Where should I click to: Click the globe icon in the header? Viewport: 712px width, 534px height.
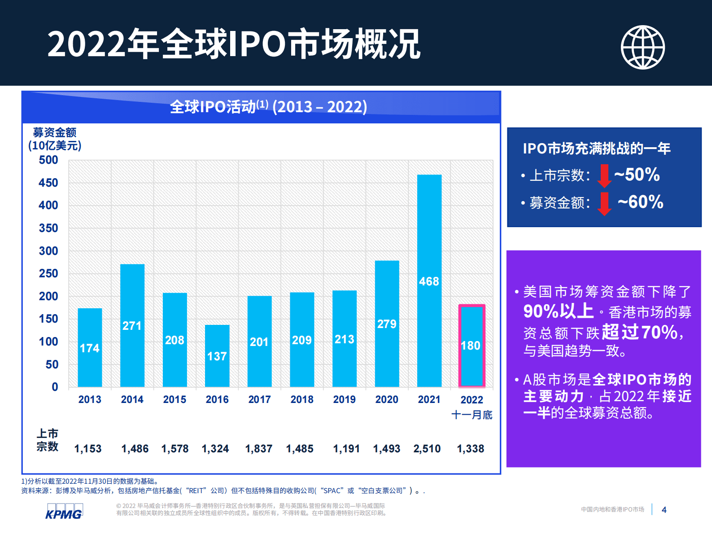click(x=642, y=47)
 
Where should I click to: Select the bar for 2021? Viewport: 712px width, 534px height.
click(x=429, y=280)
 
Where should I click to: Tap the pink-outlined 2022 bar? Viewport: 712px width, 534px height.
click(x=472, y=346)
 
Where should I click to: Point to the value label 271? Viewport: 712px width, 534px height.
click(x=132, y=326)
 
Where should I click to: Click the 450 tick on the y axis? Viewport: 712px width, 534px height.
click(x=48, y=183)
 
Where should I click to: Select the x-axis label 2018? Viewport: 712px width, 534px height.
click(x=302, y=399)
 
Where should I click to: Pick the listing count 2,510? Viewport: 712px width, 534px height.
click(x=427, y=449)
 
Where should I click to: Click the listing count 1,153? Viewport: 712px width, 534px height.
click(x=88, y=449)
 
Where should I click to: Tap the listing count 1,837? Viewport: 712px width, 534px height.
click(x=258, y=449)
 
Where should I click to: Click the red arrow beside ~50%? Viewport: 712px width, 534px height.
click(x=604, y=175)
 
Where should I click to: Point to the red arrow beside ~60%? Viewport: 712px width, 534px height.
click(x=604, y=203)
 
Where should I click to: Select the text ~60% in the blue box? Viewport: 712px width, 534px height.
click(x=640, y=202)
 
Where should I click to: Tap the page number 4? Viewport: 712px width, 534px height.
click(x=664, y=510)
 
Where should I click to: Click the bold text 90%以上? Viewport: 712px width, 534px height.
click(x=558, y=311)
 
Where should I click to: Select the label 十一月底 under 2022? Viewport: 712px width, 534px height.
click(x=472, y=415)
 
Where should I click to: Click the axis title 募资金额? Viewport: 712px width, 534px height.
click(x=55, y=132)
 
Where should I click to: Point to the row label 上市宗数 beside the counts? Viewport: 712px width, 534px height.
click(x=47, y=440)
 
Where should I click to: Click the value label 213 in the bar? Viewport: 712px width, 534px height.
click(x=345, y=339)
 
